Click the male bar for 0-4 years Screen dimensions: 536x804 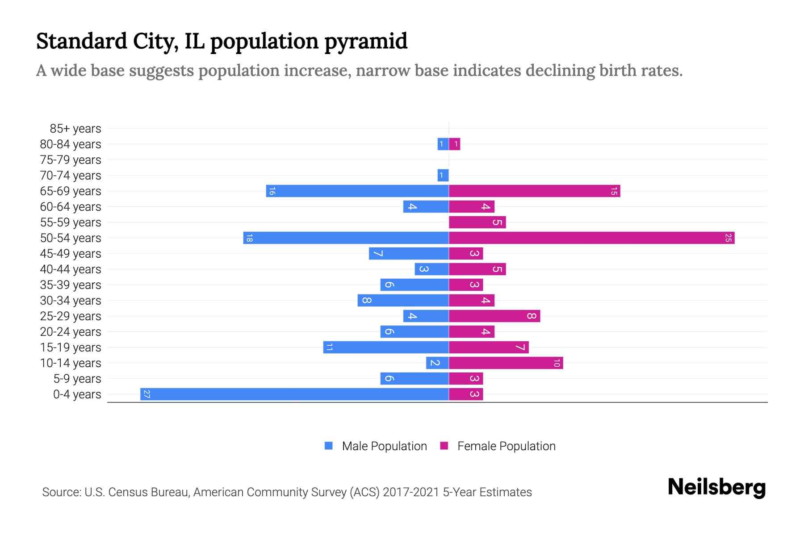[x=295, y=394]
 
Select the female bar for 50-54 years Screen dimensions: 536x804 [x=591, y=238]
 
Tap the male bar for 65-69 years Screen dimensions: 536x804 [x=357, y=191]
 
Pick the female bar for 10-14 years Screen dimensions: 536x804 [x=506, y=363]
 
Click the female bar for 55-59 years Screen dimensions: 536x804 [x=477, y=222]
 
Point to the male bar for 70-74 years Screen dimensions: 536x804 [x=443, y=176]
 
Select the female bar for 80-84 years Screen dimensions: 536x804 [x=455, y=144]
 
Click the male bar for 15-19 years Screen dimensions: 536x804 [x=386, y=348]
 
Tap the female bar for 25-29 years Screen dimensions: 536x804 [x=494, y=316]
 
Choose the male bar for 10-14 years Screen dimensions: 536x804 [x=437, y=363]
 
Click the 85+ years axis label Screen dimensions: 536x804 [x=75, y=129]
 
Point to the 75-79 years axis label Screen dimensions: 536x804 [x=71, y=160]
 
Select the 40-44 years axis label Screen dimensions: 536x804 [x=71, y=269]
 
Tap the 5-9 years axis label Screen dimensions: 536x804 [x=77, y=379]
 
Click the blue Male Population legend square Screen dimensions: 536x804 [x=329, y=446]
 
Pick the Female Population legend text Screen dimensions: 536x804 [x=506, y=446]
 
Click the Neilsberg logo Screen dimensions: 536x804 [x=716, y=487]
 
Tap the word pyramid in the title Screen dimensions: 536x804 [x=365, y=42]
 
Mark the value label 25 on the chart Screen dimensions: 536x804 [x=728, y=238]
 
